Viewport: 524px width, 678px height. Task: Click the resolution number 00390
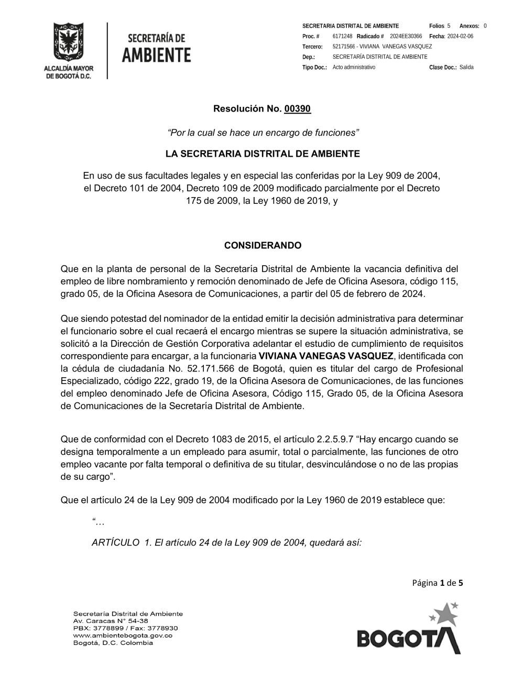[x=297, y=109]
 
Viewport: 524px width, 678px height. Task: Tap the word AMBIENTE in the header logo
[x=156, y=54]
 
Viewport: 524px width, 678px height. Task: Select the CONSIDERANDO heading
[x=263, y=245]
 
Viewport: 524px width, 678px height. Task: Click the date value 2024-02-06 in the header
[x=460, y=36]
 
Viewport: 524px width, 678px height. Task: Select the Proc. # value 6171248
[x=342, y=36]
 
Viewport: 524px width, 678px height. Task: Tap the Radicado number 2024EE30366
[x=406, y=36]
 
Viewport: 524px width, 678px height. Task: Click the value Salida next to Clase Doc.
[x=466, y=68]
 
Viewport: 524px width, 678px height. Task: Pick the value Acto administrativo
[x=354, y=68]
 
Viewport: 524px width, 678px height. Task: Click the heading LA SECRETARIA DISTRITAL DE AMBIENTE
[x=263, y=154]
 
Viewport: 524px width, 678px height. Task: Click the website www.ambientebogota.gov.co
[x=123, y=636]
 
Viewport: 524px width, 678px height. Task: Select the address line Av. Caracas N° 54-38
[x=111, y=621]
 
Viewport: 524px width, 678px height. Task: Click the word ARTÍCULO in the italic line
[x=115, y=543]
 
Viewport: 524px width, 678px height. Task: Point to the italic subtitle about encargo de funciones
[x=263, y=133]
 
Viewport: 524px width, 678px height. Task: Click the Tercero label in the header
[x=312, y=47]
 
